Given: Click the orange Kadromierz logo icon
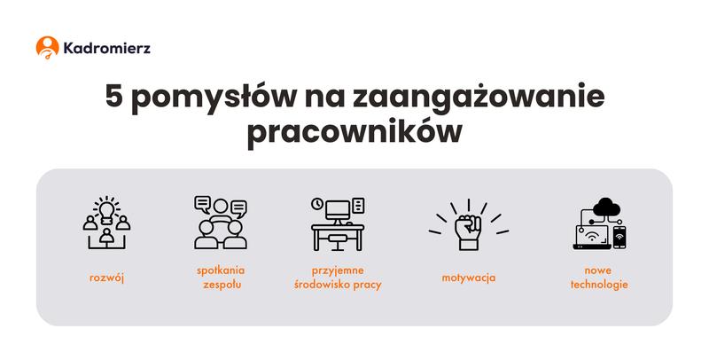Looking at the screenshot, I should [x=47, y=47].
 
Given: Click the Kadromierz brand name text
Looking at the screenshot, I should [x=106, y=48].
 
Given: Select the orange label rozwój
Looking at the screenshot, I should [x=106, y=278].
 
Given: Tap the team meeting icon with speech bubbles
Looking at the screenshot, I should [x=220, y=222].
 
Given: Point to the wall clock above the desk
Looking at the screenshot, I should [x=316, y=205].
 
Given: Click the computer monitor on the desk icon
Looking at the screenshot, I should [x=338, y=210].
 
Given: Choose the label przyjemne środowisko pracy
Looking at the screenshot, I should [x=338, y=278].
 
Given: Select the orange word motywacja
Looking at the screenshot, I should [x=468, y=278].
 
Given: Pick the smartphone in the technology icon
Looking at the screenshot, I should [x=619, y=238].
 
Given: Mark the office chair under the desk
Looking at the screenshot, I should [x=338, y=240].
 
